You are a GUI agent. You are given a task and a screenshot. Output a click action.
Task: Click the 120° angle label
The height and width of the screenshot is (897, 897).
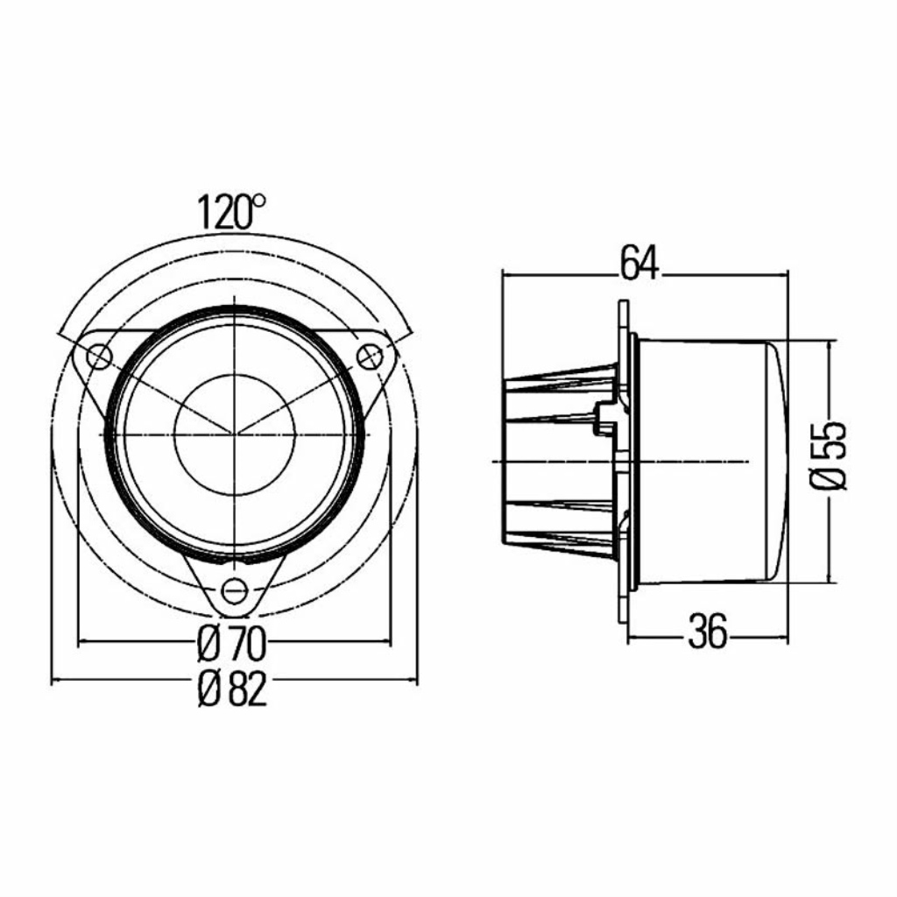point(231,212)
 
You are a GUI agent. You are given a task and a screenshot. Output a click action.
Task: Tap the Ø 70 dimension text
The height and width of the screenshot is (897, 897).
point(231,645)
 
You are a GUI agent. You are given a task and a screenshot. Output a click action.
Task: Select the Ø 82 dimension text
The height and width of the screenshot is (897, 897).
point(231,689)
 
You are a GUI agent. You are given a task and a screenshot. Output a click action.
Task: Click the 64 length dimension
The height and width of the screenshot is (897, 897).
point(640,263)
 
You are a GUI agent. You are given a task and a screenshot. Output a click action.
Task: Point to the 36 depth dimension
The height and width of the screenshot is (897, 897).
point(708,632)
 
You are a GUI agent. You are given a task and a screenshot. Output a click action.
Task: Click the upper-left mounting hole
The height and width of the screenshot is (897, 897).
point(98,357)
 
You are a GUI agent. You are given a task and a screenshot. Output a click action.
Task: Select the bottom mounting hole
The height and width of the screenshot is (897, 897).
point(233,590)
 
